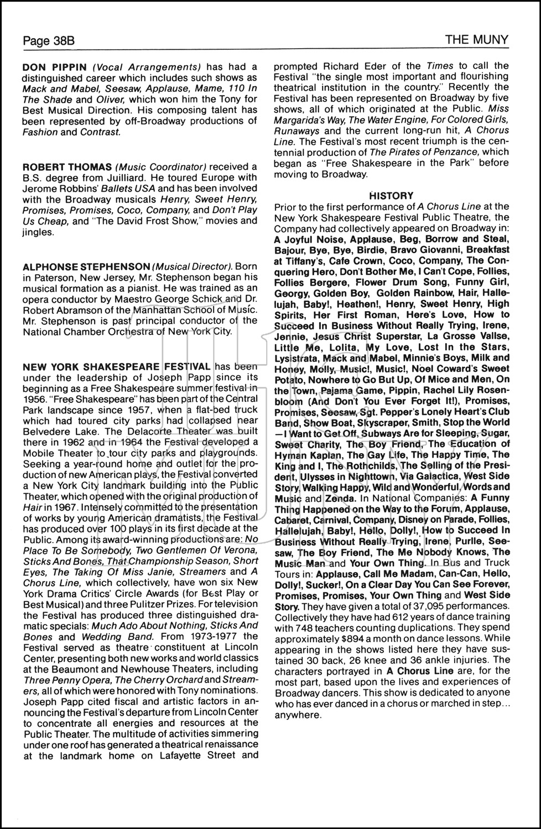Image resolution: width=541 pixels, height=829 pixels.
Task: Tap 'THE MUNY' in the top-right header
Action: (477, 40)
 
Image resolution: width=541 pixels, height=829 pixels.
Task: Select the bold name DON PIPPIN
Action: (55, 67)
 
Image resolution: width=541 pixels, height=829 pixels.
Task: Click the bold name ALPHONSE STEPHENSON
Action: (86, 266)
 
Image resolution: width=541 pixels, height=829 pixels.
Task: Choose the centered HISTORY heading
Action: (391, 195)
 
